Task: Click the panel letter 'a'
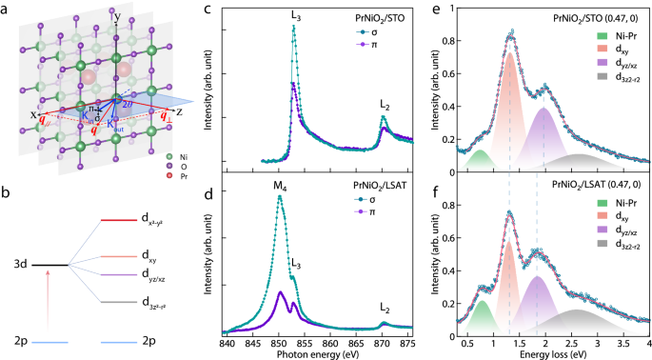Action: (x=7, y=8)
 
